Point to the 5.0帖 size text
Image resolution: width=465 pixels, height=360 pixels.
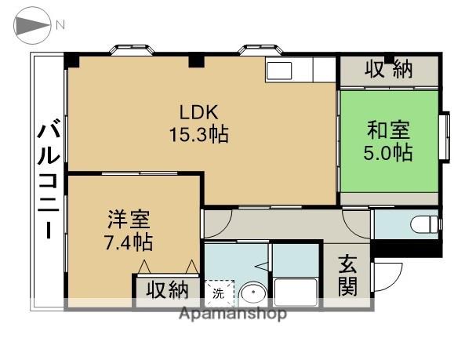[x=387, y=152]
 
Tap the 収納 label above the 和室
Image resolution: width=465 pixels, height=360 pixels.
[x=389, y=71]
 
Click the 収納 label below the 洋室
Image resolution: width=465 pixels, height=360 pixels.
[x=166, y=290]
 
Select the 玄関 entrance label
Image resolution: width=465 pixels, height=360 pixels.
[x=348, y=275]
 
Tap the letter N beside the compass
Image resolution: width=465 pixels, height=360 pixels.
[x=60, y=26]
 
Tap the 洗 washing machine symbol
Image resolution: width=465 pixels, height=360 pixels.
[x=219, y=293]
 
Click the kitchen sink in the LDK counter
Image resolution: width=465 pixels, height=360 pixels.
[x=279, y=71]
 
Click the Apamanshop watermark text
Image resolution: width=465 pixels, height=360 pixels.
[x=233, y=314]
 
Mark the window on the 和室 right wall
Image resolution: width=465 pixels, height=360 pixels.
[x=445, y=137]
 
